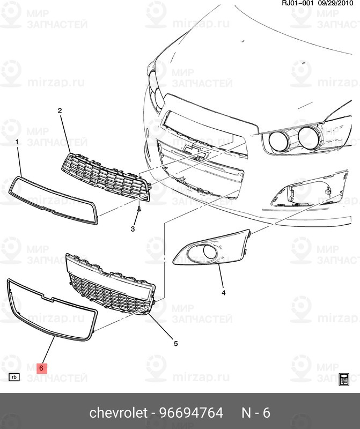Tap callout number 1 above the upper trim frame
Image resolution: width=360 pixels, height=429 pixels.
tap(17, 142)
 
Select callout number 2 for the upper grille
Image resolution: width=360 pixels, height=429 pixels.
tap(60, 110)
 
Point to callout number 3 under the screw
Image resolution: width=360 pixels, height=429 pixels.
tap(133, 229)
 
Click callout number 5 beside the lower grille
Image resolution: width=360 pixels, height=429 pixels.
tap(175, 343)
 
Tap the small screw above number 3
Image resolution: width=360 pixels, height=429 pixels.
tap(139, 209)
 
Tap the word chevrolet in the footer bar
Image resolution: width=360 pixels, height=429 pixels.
tap(118, 413)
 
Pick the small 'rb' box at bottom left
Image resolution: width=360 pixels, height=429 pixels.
tap(14, 377)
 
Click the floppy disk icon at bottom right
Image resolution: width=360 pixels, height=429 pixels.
tap(345, 379)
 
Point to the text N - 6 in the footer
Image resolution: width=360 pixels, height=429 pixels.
tap(255, 413)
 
